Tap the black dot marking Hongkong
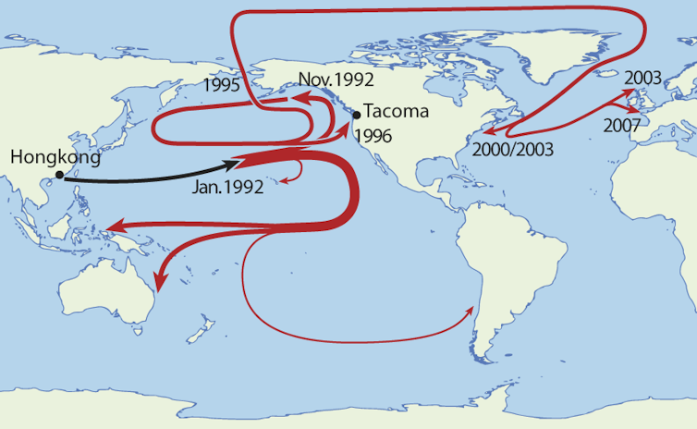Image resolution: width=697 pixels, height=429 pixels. click(x=59, y=175)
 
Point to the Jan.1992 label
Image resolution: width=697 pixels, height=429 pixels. click(x=227, y=187)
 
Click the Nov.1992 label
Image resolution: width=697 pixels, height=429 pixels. click(x=336, y=80)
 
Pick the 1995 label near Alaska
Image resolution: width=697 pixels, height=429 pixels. click(x=224, y=85)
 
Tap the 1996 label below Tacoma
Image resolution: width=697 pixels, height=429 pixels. click(x=373, y=136)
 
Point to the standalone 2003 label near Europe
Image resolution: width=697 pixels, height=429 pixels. click(x=643, y=78)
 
